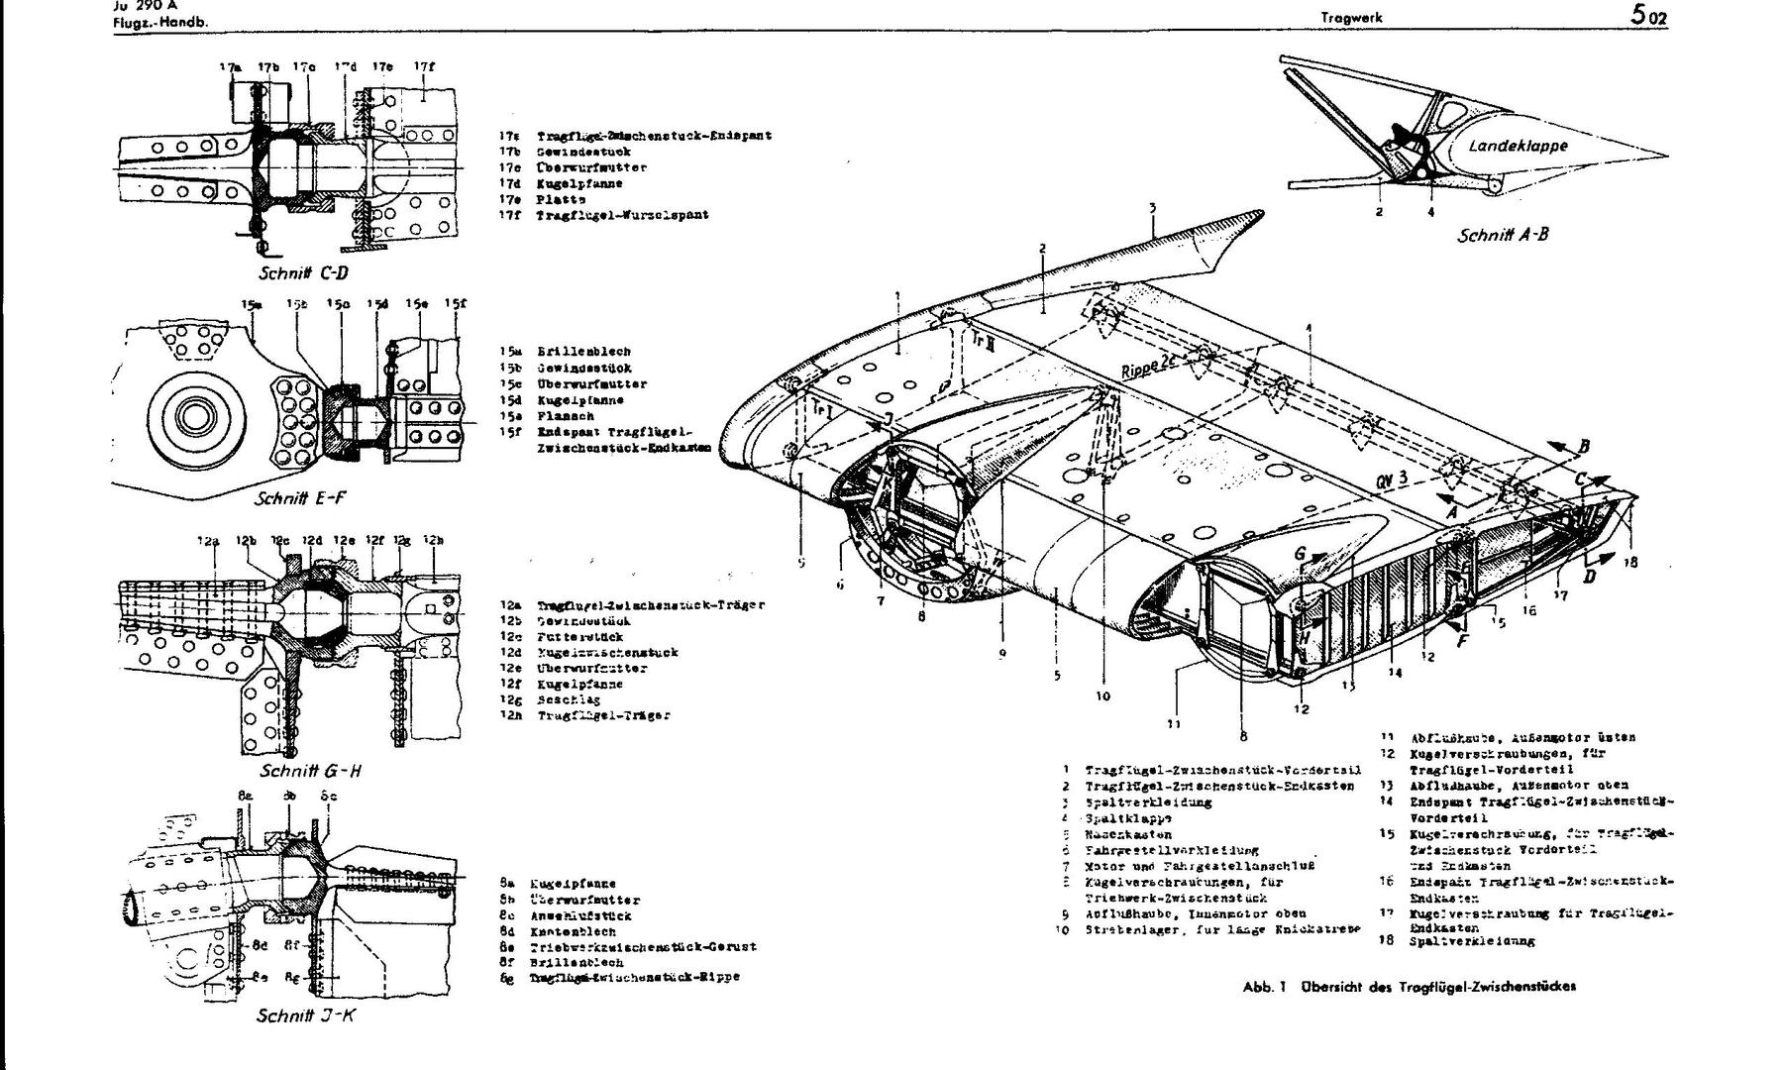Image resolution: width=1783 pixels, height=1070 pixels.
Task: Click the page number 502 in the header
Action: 1644,16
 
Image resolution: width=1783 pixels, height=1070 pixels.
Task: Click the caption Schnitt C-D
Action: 303,272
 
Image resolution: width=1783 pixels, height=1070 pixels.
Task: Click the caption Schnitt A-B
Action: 1502,235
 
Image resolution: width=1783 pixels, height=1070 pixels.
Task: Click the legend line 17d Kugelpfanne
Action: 579,183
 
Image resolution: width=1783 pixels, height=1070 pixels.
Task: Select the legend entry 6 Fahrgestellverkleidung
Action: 1165,850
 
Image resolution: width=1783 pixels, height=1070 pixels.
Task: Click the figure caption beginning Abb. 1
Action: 1409,987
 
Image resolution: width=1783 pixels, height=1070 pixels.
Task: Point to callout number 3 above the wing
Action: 1153,208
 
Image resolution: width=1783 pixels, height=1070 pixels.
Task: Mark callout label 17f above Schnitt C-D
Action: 424,67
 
